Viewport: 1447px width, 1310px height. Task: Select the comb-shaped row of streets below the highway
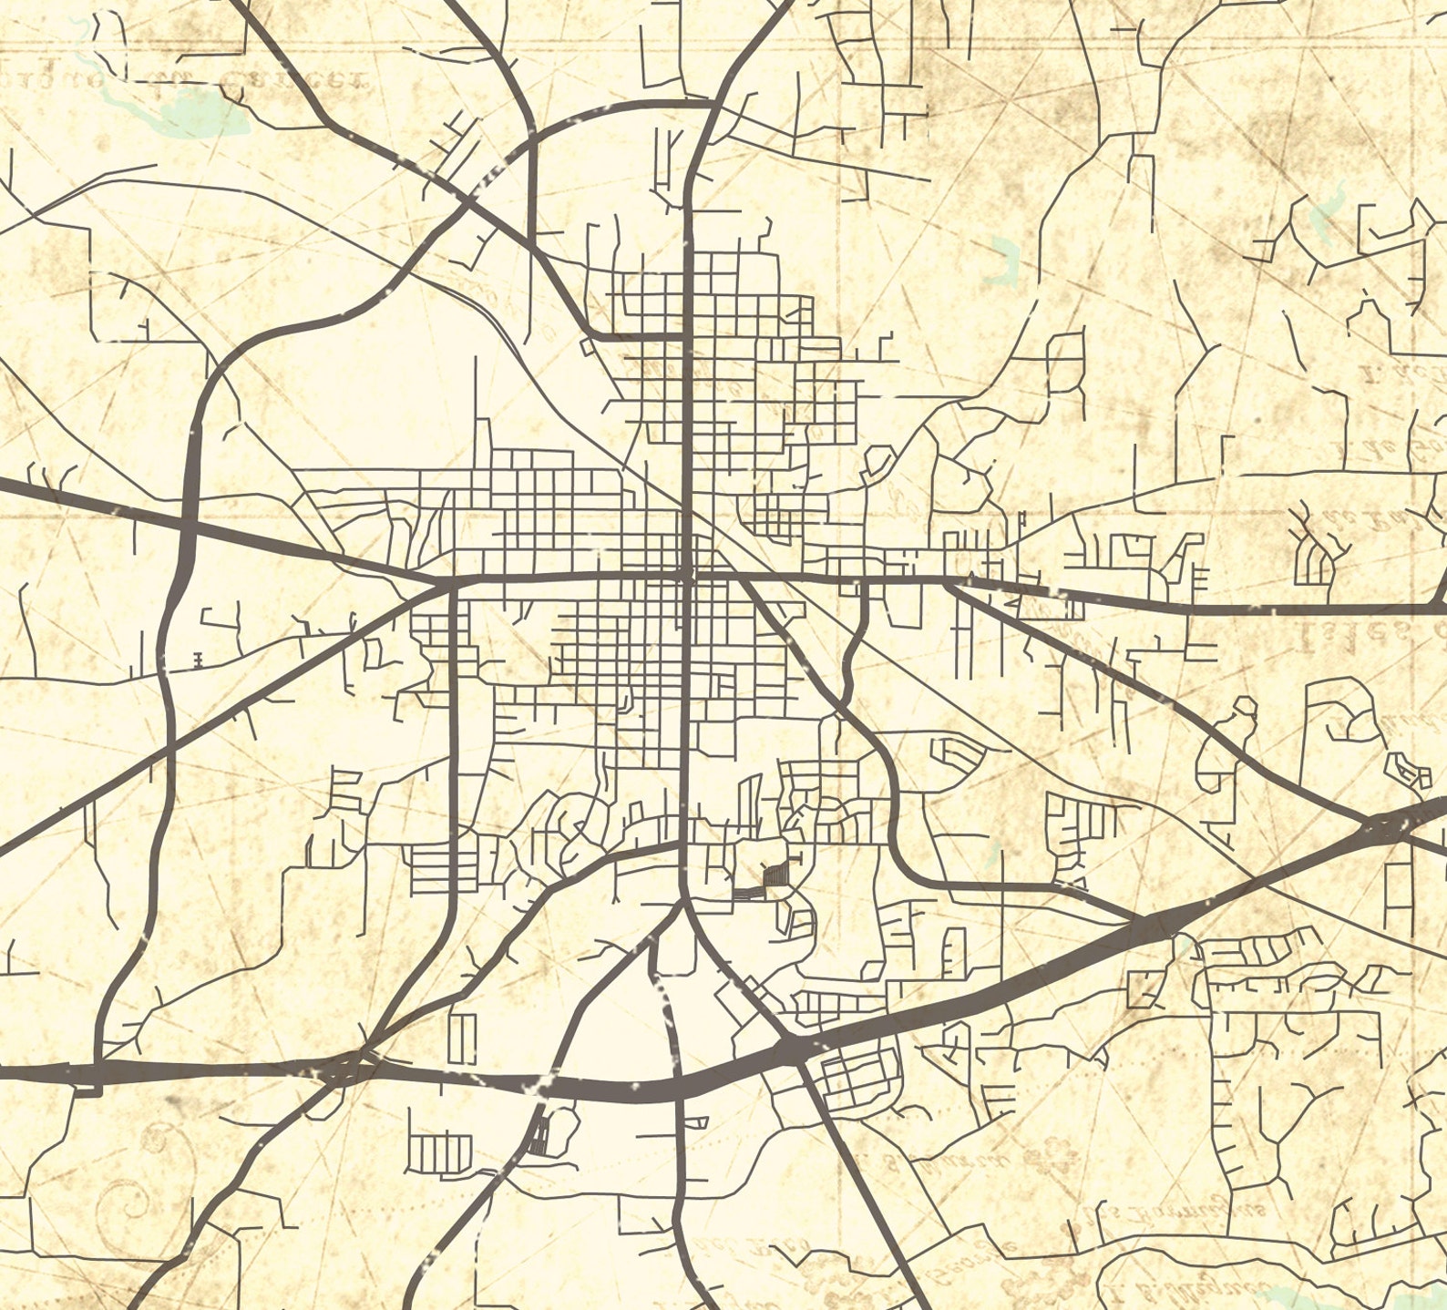[439, 1153]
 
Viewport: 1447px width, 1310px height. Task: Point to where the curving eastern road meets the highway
[1139, 922]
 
